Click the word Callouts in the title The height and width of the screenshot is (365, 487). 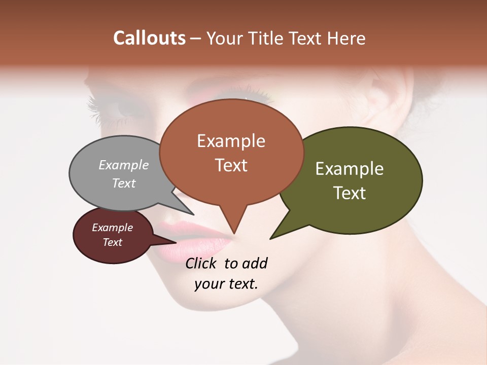tap(149, 38)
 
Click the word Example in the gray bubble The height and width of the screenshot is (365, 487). tap(124, 165)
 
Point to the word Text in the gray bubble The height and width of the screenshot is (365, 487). tap(124, 183)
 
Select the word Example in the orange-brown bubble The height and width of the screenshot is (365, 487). tap(231, 141)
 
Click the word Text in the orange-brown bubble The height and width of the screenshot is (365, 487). tap(231, 165)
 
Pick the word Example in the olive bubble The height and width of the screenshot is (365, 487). tap(350, 169)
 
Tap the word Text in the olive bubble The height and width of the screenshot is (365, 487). tap(350, 193)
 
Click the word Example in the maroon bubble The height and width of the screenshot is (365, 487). tap(113, 228)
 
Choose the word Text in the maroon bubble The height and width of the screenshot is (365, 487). tap(113, 242)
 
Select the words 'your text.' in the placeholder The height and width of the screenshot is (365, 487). tap(226, 284)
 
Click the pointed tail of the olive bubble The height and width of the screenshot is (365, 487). tap(272, 237)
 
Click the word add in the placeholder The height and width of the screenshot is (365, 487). tap(255, 263)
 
